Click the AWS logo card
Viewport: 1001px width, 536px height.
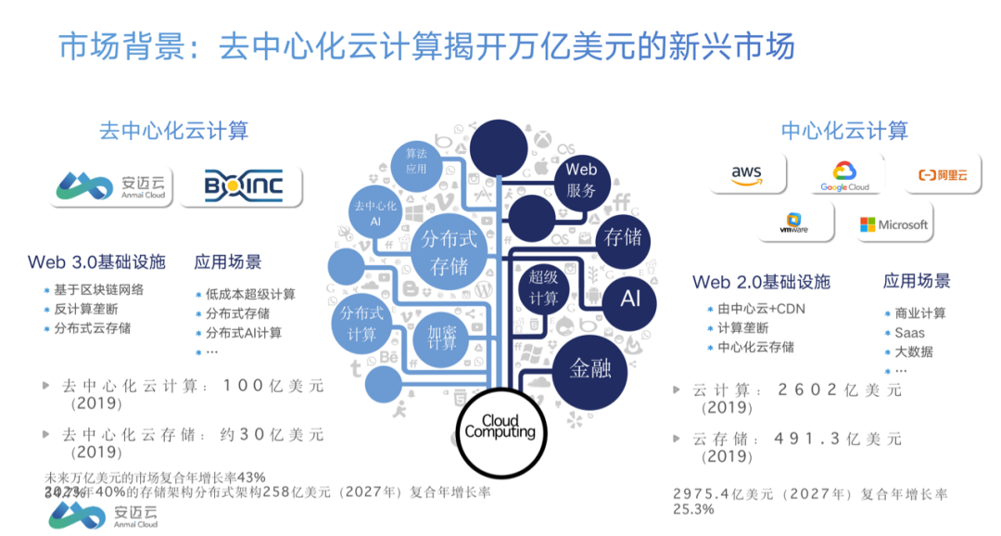tap(748, 173)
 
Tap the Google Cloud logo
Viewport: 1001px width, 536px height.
tap(844, 174)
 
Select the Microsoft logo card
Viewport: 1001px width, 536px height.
tap(893, 224)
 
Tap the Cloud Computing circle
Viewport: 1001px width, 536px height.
tap(500, 428)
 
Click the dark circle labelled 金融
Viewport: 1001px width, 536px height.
tap(590, 368)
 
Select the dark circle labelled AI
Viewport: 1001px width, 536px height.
tap(630, 299)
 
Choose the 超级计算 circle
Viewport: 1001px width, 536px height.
tap(543, 287)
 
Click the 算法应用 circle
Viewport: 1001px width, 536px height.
tap(416, 162)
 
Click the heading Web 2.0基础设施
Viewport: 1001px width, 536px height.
tap(761, 282)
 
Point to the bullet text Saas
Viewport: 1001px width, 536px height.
tap(909, 332)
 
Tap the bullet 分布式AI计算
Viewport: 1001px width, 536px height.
tap(244, 333)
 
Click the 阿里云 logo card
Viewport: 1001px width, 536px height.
tap(942, 174)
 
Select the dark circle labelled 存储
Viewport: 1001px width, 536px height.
tap(623, 236)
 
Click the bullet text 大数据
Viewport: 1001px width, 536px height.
tap(914, 351)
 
